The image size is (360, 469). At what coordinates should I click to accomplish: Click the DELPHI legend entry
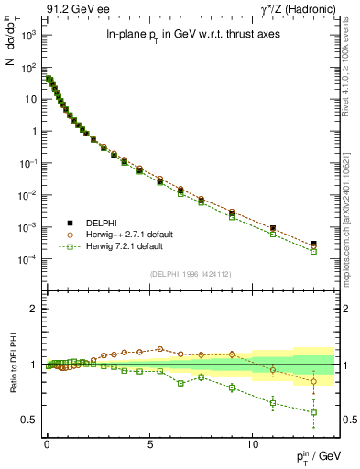pos(91,223)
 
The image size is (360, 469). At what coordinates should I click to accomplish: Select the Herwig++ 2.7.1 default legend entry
pos(112,234)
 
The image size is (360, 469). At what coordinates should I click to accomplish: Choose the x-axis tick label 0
pos(47,442)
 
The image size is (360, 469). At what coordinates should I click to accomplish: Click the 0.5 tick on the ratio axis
pos(27,420)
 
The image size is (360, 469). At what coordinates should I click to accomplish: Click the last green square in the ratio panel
pos(314,412)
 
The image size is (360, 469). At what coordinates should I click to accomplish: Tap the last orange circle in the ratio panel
pos(314,381)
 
